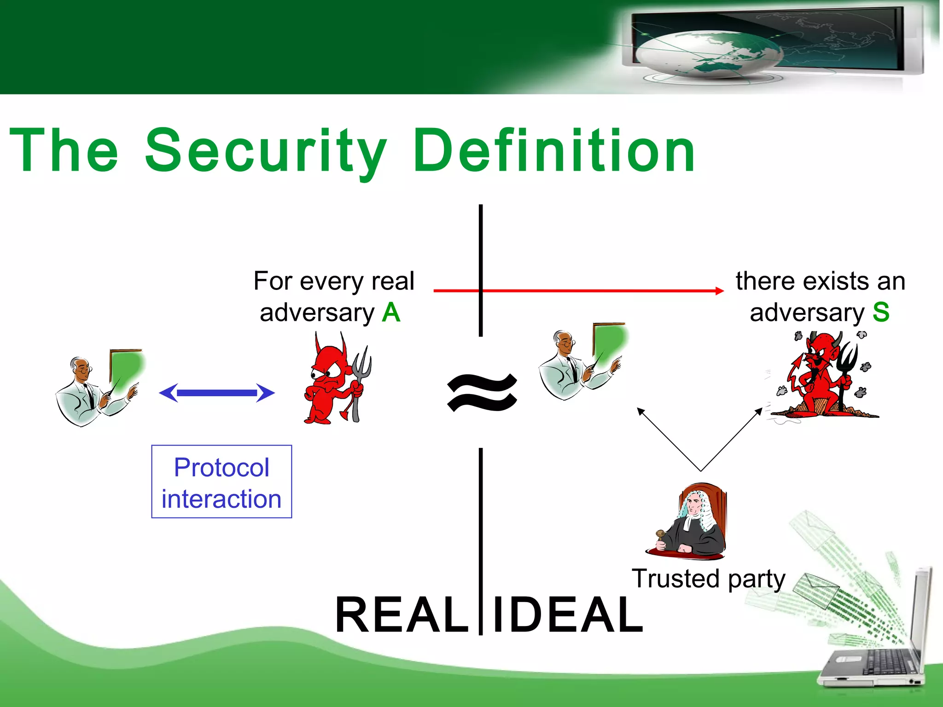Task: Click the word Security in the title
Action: (x=266, y=151)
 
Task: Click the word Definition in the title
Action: (x=553, y=151)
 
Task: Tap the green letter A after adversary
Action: (x=391, y=313)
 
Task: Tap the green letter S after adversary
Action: (x=881, y=313)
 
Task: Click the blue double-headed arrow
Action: (x=217, y=393)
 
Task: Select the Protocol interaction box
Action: (x=221, y=481)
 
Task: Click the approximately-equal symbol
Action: (x=482, y=392)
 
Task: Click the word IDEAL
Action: (x=567, y=615)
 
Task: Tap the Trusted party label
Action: (x=708, y=579)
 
